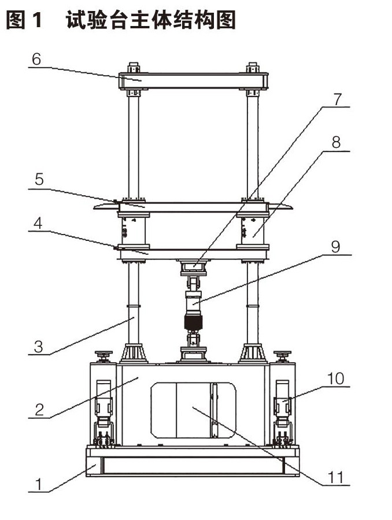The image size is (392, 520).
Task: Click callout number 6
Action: [x=36, y=60]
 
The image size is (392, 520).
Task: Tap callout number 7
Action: [x=337, y=99]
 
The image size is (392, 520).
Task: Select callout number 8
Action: [x=336, y=142]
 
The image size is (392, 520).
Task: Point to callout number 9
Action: [x=335, y=247]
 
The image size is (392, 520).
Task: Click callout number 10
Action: [x=335, y=378]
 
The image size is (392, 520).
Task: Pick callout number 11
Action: [x=335, y=478]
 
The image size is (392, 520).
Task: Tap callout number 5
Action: [x=39, y=180]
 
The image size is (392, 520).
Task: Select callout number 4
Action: [x=38, y=223]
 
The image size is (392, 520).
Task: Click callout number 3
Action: [x=39, y=347]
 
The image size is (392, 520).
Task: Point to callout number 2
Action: [x=39, y=410]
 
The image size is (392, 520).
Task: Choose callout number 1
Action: [x=39, y=484]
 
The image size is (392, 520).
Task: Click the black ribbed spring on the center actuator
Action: [x=193, y=322]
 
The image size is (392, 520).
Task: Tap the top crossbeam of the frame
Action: [x=194, y=81]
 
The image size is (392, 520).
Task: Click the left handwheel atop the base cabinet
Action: [x=104, y=356]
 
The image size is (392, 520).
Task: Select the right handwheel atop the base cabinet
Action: [x=283, y=356]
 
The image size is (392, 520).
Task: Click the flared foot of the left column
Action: [x=134, y=353]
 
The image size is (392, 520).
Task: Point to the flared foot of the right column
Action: [x=253, y=353]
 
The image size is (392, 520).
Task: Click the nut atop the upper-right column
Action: [x=253, y=68]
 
